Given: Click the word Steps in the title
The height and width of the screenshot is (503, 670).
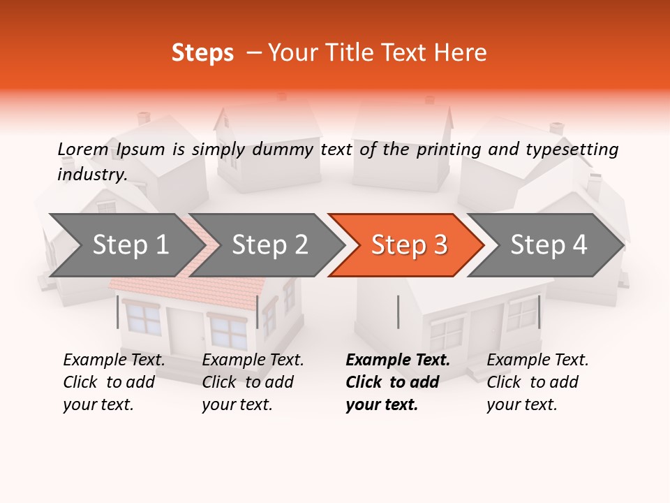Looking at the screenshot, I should pos(202,53).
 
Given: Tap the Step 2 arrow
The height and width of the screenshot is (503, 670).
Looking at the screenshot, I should pos(269,245).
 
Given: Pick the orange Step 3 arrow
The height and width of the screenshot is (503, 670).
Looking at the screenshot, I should pos(408,245).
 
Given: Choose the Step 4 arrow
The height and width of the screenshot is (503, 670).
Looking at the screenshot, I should pos(548,245).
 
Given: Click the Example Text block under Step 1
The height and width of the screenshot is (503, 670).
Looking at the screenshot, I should pos(114,382).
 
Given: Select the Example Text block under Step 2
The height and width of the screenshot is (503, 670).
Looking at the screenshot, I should pos(253,382).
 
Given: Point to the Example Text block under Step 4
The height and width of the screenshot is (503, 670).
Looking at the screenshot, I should pos(537,382).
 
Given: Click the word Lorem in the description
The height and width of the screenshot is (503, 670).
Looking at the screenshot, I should pos(82,150).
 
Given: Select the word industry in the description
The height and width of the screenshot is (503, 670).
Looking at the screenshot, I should pos(91,175).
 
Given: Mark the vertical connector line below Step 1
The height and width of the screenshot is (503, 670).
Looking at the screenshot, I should pos(118,312).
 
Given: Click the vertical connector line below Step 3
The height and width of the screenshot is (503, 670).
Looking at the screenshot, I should pos(398,312).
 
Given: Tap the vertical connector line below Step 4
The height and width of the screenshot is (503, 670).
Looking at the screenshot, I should pos(539,312).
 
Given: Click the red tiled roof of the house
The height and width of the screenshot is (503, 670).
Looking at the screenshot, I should pos(188,286).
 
